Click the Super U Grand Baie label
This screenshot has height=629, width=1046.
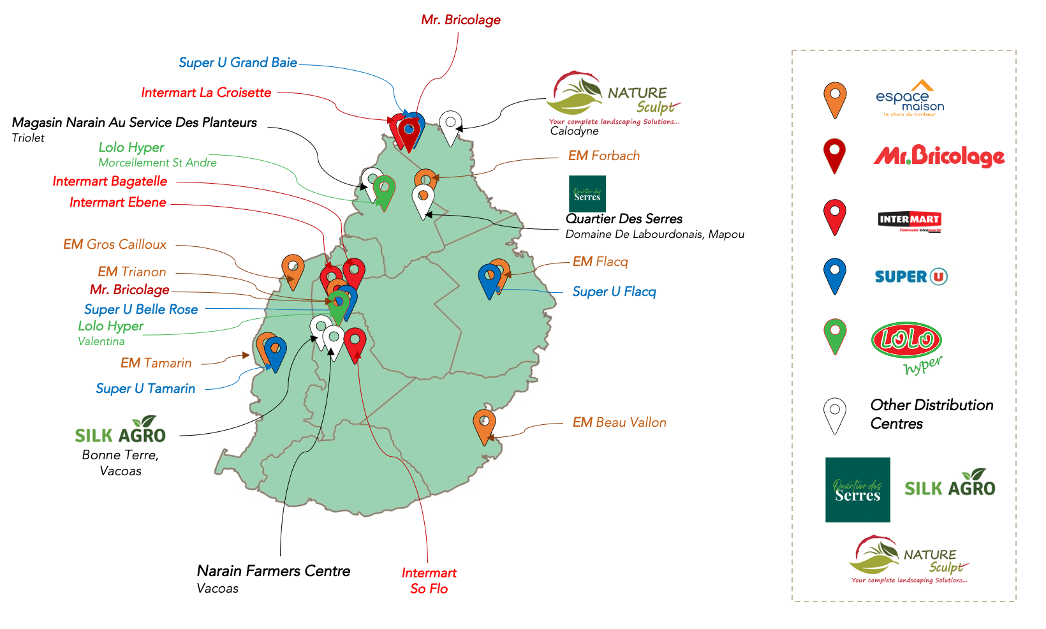click(x=237, y=63)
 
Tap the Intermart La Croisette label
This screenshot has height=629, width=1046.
click(x=206, y=93)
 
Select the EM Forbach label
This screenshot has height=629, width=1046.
click(x=603, y=156)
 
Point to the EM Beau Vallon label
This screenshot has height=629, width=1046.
click(x=619, y=422)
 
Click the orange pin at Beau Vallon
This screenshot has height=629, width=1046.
click(x=484, y=424)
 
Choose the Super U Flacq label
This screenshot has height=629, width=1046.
click(x=614, y=292)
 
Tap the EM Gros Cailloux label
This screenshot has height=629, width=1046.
click(x=115, y=244)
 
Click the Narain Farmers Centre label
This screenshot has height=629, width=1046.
click(x=273, y=571)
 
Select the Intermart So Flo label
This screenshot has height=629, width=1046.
click(x=429, y=581)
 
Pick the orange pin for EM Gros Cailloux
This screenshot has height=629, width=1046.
click(x=293, y=269)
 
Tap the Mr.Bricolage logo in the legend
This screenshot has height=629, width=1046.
click(x=939, y=156)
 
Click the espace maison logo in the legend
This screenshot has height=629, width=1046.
click(x=910, y=99)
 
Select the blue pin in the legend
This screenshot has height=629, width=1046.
click(x=834, y=274)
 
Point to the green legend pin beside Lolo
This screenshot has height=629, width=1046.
click(x=834, y=334)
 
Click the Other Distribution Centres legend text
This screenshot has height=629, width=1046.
click(x=931, y=414)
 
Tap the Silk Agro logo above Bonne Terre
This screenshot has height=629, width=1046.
click(x=121, y=431)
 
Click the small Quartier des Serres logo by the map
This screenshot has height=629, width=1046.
click(x=587, y=194)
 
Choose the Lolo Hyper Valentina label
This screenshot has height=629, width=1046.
click(x=110, y=332)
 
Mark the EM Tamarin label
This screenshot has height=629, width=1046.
click(x=156, y=363)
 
